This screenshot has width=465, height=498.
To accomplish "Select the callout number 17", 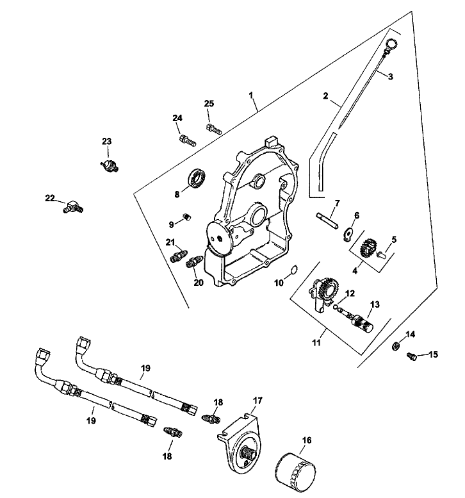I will (257, 401).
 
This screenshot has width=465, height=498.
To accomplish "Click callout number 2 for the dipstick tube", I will (325, 96).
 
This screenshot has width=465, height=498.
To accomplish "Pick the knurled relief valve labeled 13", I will (367, 317).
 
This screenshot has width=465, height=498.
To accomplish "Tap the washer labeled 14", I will (396, 347).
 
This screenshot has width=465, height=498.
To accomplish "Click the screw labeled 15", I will (413, 354).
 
